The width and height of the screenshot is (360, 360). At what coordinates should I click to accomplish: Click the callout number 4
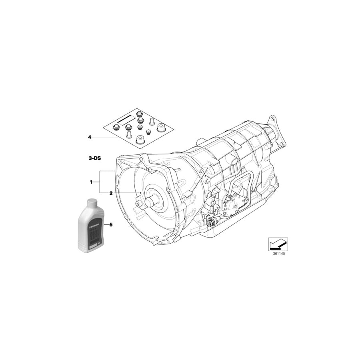click(90, 137)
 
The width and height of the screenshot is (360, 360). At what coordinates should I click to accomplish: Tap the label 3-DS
click(94, 158)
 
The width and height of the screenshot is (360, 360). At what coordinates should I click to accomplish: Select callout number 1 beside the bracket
click(91, 182)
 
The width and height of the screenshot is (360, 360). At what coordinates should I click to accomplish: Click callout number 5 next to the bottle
click(111, 225)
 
